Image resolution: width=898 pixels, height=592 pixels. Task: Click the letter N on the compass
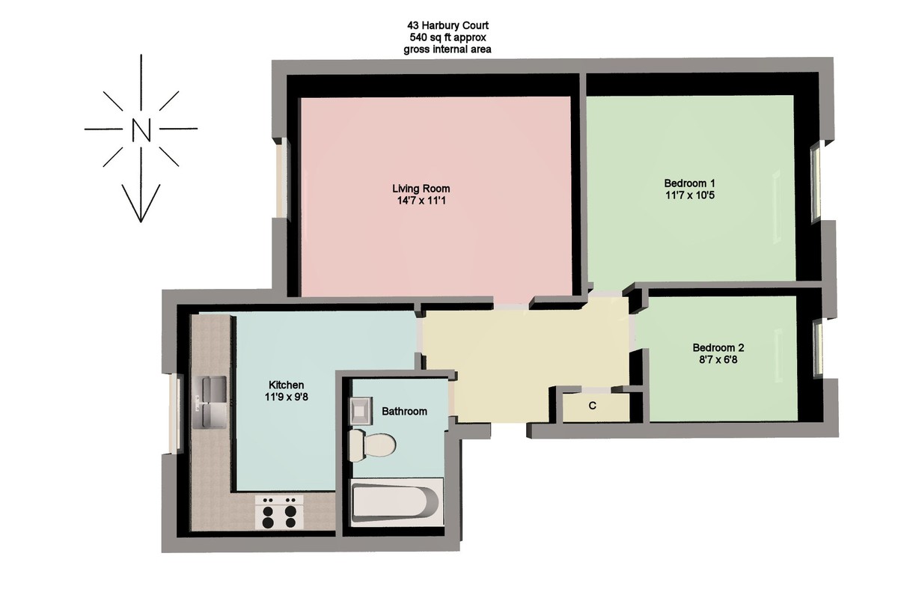coord(141,129)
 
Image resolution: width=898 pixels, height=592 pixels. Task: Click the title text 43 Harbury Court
coord(448,25)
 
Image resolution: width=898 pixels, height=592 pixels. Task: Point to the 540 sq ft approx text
coord(448,37)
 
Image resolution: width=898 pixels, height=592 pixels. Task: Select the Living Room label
coord(421,189)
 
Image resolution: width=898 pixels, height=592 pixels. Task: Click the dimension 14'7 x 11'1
coord(421,201)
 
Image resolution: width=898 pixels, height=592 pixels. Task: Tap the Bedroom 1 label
coord(689,183)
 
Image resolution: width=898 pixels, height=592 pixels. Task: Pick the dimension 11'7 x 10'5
coord(690,195)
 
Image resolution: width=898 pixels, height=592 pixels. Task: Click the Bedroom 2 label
coord(718,347)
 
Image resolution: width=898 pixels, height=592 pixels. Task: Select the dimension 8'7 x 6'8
coord(718,359)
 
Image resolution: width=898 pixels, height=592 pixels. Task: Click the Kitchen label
coord(286,385)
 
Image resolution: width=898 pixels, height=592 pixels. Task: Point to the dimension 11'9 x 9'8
coord(286,397)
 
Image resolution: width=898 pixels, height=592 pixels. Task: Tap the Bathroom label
coord(404,411)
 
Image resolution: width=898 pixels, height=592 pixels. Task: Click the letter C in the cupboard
coord(593,406)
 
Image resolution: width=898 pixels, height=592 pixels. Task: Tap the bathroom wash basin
coord(361,411)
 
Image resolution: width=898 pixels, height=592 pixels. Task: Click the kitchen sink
coord(210,403)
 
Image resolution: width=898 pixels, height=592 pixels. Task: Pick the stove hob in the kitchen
coord(279,512)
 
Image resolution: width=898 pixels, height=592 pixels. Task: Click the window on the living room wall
coord(282,178)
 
